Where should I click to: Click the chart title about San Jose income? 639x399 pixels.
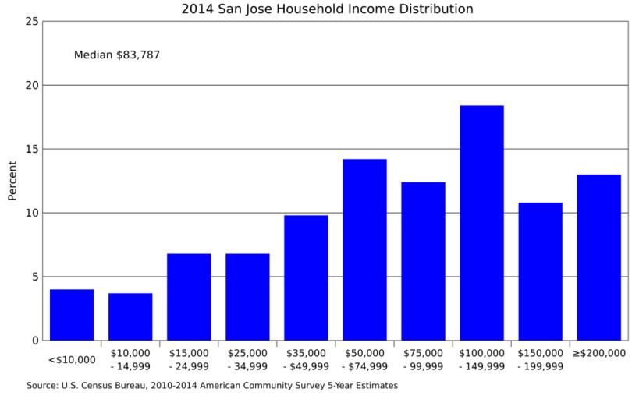(x=327, y=9)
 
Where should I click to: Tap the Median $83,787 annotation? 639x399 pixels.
(x=117, y=55)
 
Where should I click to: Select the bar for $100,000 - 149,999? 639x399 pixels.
(x=481, y=223)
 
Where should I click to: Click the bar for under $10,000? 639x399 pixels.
(x=72, y=315)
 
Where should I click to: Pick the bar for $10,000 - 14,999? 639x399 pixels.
(x=130, y=316)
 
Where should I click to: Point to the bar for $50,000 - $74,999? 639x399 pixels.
(x=364, y=249)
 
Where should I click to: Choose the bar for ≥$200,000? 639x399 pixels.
(x=598, y=257)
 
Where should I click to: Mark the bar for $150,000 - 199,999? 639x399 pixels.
(x=540, y=271)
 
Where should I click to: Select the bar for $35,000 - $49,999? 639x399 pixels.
(x=306, y=277)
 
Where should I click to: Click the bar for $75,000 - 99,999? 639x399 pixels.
(x=423, y=261)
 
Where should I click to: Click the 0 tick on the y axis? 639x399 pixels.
(x=35, y=341)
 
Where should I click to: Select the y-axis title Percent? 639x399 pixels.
(x=12, y=181)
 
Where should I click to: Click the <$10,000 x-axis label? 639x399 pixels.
(x=72, y=359)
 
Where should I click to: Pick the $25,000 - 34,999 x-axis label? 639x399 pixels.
(x=247, y=359)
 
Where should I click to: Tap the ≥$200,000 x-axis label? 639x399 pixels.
(x=598, y=353)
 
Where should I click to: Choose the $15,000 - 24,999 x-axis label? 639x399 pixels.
(x=189, y=359)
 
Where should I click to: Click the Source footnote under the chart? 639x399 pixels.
(x=212, y=385)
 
